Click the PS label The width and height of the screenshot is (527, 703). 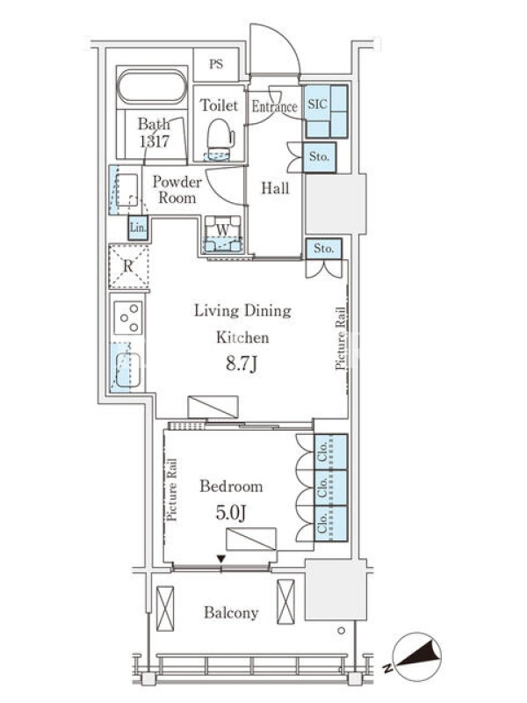(x=216, y=64)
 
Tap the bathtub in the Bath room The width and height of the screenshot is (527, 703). (x=152, y=86)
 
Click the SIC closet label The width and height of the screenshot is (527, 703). (x=317, y=104)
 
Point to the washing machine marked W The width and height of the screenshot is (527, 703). (x=223, y=234)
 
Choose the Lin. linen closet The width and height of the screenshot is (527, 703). (x=138, y=228)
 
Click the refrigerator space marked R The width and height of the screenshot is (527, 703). (x=128, y=266)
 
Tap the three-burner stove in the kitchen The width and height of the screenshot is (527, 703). (x=128, y=317)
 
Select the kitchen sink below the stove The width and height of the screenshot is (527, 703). (x=127, y=369)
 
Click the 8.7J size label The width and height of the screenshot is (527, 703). (x=242, y=365)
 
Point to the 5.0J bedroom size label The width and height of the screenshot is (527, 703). (x=231, y=512)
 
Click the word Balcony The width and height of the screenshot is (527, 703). (x=231, y=612)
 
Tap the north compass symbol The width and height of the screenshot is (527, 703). (x=416, y=656)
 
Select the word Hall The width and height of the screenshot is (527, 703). (x=275, y=188)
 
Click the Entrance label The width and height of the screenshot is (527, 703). (x=274, y=106)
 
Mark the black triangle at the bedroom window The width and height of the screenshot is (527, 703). (x=221, y=559)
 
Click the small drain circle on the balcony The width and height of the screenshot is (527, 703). (x=342, y=631)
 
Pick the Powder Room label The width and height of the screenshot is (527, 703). (x=177, y=190)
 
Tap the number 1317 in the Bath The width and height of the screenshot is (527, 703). (x=155, y=141)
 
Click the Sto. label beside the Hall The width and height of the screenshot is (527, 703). (x=319, y=157)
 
